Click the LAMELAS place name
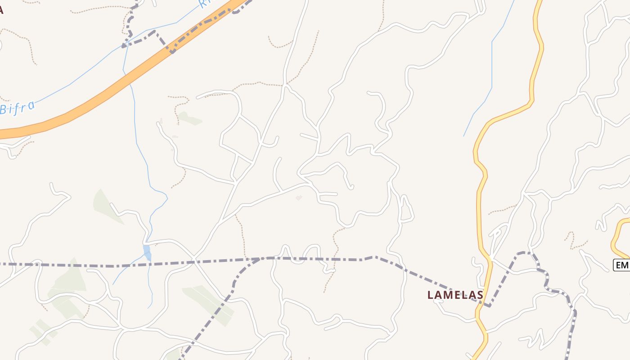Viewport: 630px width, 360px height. (x=455, y=295)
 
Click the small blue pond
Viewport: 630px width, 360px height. (x=147, y=252)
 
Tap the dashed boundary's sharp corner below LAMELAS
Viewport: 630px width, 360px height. (x=489, y=306)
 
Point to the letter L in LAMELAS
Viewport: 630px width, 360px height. (x=430, y=295)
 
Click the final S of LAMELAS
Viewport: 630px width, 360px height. (x=480, y=295)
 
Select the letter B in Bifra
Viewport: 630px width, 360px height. (x=4, y=110)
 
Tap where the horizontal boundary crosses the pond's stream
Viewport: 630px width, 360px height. (x=149, y=263)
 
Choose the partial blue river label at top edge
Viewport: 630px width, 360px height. (x=205, y=4)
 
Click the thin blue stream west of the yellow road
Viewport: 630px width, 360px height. (x=492, y=67)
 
